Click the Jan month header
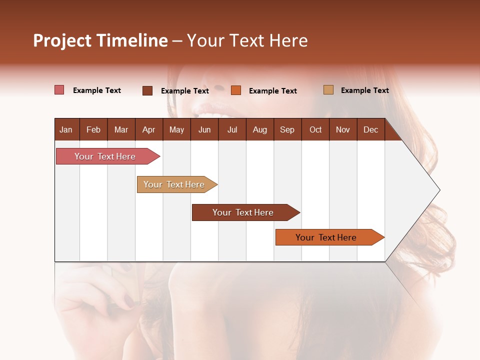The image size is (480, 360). click(66, 129)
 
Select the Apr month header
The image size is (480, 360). click(148, 129)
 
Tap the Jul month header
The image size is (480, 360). click(232, 129)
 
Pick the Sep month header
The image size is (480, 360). click(287, 129)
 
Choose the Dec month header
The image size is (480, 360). click(370, 129)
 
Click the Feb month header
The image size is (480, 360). click(93, 129)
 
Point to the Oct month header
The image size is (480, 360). click(315, 129)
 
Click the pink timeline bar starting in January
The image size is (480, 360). click(105, 156)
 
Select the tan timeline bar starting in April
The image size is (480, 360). click(174, 184)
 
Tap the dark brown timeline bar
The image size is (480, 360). click(243, 212)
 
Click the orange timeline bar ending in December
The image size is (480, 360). click(326, 237)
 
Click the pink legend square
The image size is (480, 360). click(59, 90)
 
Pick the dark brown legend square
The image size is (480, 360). click(147, 90)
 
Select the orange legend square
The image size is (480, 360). click(236, 90)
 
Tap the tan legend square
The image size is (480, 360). click(328, 90)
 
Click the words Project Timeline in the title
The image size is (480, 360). click(100, 40)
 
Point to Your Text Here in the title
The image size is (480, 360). click(247, 40)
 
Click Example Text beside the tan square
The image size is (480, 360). click(364, 90)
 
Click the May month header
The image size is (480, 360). click(176, 129)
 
